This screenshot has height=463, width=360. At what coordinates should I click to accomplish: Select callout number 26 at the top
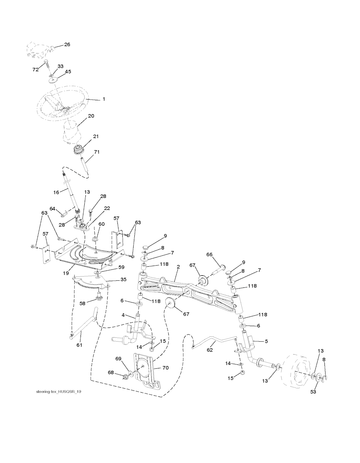tap(67, 45)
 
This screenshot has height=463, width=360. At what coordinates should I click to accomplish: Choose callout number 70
tap(166, 368)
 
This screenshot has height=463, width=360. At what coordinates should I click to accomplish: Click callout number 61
tap(79, 345)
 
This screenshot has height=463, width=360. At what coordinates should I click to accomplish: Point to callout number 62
tap(210, 350)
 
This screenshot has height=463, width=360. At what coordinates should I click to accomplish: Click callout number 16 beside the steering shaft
tap(56, 192)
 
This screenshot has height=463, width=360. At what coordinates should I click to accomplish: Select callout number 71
tap(97, 152)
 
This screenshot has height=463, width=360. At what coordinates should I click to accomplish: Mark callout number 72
tap(35, 70)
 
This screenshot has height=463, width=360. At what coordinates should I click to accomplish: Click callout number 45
tap(67, 72)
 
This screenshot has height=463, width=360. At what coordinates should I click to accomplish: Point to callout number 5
tap(266, 341)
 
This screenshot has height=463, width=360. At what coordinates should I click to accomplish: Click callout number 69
tap(118, 359)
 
